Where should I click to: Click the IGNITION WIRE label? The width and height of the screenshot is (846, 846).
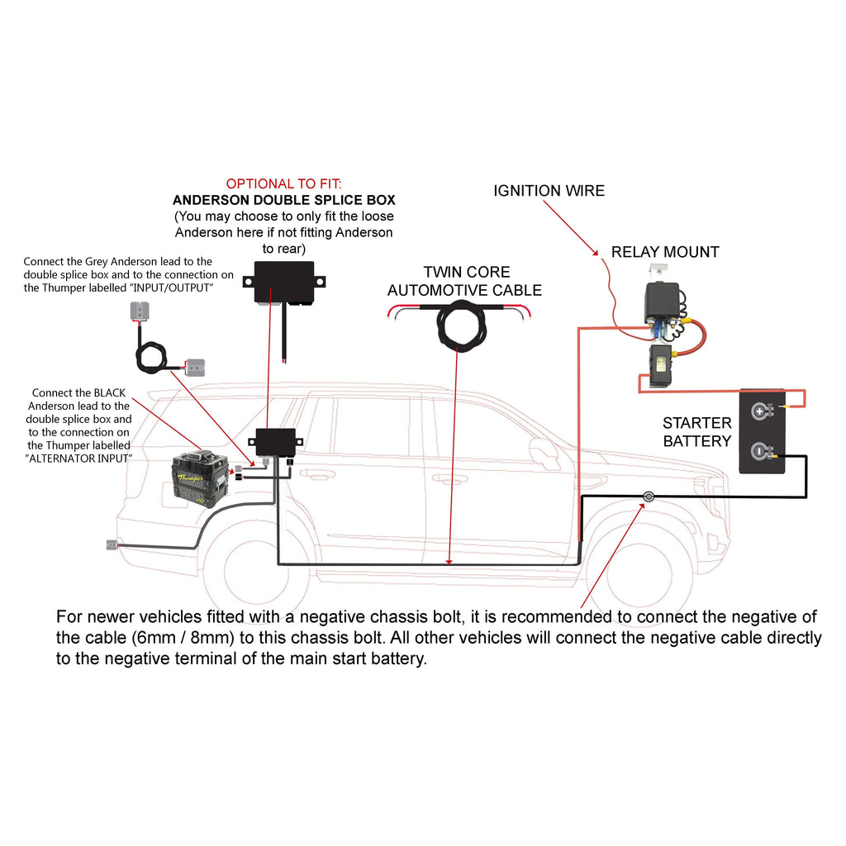(549, 191)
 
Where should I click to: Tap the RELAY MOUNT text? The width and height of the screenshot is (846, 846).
(664, 252)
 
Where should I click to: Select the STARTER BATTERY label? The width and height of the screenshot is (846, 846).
(696, 432)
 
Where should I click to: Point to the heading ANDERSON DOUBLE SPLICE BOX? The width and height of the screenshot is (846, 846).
(283, 200)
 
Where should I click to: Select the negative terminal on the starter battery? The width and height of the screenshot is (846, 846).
(760, 451)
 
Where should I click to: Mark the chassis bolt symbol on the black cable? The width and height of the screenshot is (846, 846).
(649, 497)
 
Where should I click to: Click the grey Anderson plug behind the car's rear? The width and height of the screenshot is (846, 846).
(112, 544)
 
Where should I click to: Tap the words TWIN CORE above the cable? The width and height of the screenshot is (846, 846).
(467, 272)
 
